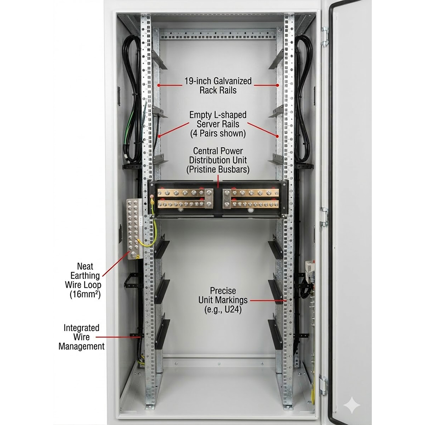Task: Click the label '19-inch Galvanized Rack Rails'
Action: pos(218,85)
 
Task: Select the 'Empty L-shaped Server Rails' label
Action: pos(218,124)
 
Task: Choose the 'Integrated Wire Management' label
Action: pos(81,337)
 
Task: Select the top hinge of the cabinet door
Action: pos(325,37)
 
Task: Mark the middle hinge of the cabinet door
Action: pos(324,217)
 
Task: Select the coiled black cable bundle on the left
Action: pos(132,98)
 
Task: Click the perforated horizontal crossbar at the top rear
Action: pos(218,34)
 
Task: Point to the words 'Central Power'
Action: pos(218,151)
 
